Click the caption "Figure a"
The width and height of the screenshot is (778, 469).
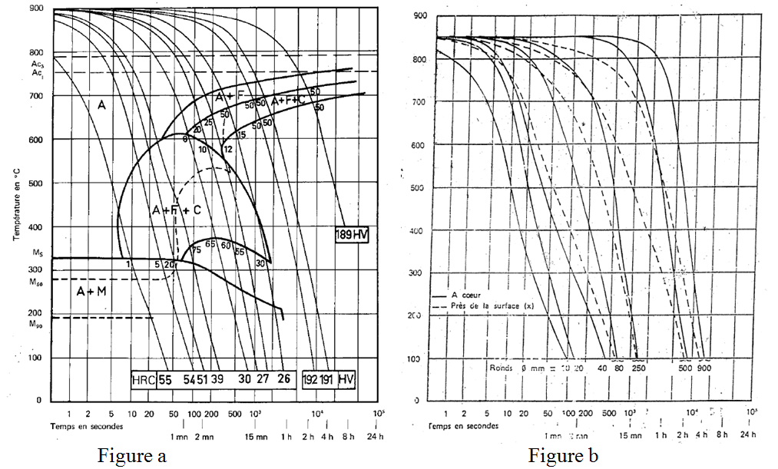(x=132, y=456)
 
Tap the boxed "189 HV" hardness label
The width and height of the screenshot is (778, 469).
(x=352, y=235)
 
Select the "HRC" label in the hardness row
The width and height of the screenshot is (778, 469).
(x=144, y=379)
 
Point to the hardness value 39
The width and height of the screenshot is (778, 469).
(x=217, y=379)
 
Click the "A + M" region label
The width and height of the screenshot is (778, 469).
(x=91, y=292)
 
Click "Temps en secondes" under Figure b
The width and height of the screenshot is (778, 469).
(x=463, y=424)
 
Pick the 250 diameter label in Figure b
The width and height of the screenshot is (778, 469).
(x=637, y=368)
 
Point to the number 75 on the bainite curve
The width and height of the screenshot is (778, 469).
(x=197, y=249)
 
